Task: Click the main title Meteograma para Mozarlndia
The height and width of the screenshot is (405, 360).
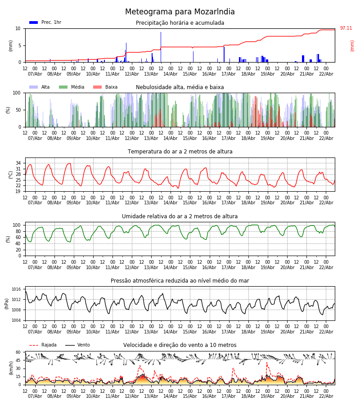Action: [180, 12]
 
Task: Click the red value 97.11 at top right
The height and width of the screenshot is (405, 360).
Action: [346, 28]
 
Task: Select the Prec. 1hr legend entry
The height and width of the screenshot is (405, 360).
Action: [51, 22]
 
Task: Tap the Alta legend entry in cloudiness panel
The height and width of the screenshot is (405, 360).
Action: [45, 87]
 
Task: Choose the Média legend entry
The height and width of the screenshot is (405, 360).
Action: [77, 87]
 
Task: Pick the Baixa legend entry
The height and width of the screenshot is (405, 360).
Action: [111, 87]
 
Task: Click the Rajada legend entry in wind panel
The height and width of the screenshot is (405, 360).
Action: [49, 345]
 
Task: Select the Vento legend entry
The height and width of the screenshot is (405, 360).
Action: [83, 345]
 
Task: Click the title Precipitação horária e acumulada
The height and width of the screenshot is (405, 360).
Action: [180, 23]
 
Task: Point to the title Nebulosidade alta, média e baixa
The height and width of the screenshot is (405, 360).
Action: [180, 87]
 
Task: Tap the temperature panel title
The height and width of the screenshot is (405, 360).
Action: [180, 152]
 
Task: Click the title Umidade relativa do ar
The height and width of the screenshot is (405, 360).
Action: [180, 216]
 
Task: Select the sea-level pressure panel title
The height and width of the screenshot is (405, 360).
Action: [180, 281]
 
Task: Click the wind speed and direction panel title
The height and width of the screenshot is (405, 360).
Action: [180, 345]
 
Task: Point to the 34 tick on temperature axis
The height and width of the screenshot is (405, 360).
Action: [18, 163]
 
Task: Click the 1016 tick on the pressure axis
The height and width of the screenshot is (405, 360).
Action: [16, 289]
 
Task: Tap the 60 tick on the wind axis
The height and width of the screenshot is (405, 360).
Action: [18, 352]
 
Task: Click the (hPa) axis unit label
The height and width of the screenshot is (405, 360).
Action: [7, 303]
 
